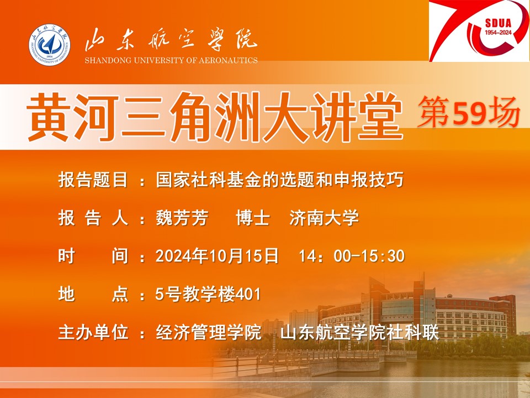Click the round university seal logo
pos(49,44)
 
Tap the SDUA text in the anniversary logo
pos(498,23)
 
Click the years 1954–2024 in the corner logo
pos(499,33)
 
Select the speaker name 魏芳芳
pos(182,217)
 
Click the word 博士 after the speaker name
pos(253,217)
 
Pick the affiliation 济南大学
pos(324,217)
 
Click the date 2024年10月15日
pos(217,255)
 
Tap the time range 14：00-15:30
pos(352,256)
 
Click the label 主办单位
pos(93,332)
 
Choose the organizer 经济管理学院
pos(208,332)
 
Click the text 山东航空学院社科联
pos(359,332)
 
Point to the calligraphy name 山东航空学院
pos(171,40)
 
